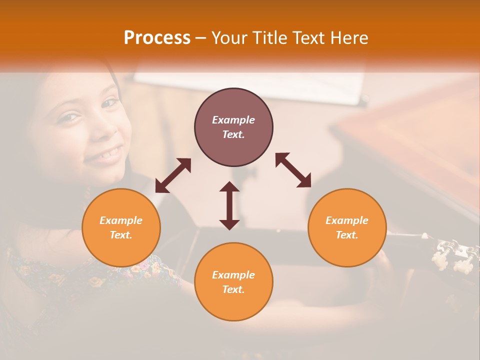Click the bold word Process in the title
pos(157,38)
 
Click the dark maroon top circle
pos(233,127)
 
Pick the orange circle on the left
pos(121,227)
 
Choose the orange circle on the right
pos(347,227)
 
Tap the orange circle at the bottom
pos(233,281)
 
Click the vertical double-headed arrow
pos(229,205)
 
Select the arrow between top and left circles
pos(173,175)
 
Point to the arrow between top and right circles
pos(293,170)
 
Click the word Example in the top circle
pos(233,120)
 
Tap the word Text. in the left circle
pos(121,235)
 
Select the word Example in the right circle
pos(347,220)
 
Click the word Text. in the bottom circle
pos(233,289)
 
